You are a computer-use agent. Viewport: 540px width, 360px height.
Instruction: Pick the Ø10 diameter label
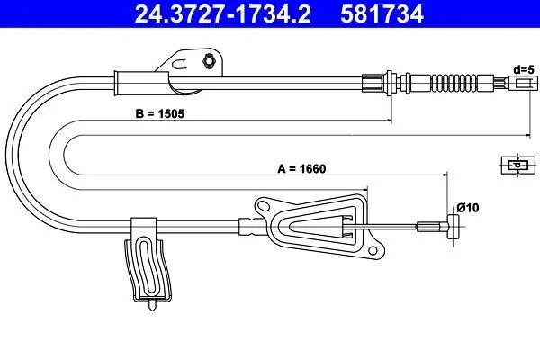[x=466, y=209]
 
